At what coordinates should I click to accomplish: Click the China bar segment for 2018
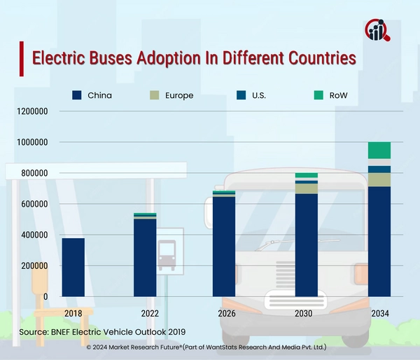pyautogui.click(x=73, y=268)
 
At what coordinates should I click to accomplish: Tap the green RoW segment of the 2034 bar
pyautogui.click(x=379, y=151)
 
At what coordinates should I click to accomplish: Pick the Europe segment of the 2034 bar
pyautogui.click(x=379, y=179)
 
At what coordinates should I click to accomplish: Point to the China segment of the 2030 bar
pyautogui.click(x=306, y=245)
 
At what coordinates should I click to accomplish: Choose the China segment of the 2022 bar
pyautogui.click(x=145, y=258)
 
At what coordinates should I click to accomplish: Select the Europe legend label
pyautogui.click(x=180, y=95)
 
